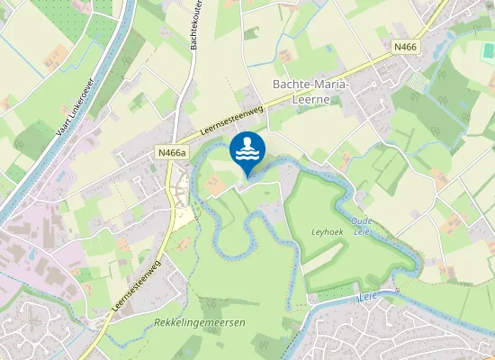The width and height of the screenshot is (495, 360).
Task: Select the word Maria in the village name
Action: (328, 85)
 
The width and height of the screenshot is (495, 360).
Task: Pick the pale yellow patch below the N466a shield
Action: (182, 215)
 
